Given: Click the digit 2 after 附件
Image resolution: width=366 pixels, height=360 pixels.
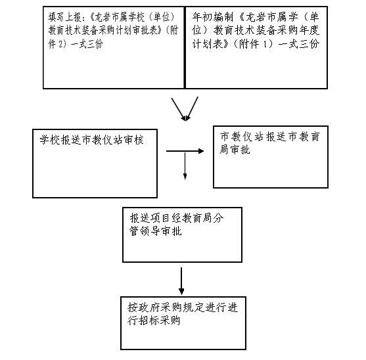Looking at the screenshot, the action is tap(60, 44).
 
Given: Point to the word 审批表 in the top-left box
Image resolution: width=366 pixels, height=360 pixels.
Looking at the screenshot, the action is tap(146, 30).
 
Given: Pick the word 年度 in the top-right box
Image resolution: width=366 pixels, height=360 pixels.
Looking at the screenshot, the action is tap(309, 30).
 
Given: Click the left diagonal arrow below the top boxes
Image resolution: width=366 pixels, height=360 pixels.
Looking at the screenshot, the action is tap(178, 109).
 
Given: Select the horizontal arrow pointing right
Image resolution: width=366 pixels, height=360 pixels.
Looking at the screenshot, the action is tap(185, 151).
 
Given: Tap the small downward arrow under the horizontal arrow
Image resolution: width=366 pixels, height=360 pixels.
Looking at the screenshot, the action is tap(185, 166).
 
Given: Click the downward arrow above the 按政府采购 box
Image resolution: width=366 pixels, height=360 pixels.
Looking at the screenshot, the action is tap(181, 281).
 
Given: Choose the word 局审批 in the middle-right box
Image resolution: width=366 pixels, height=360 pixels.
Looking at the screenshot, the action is tap(235, 150).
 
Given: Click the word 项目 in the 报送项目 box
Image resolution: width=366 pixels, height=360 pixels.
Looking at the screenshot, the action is tap(160, 218).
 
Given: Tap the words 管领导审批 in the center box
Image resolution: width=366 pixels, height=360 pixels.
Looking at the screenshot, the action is tap(156, 231).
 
